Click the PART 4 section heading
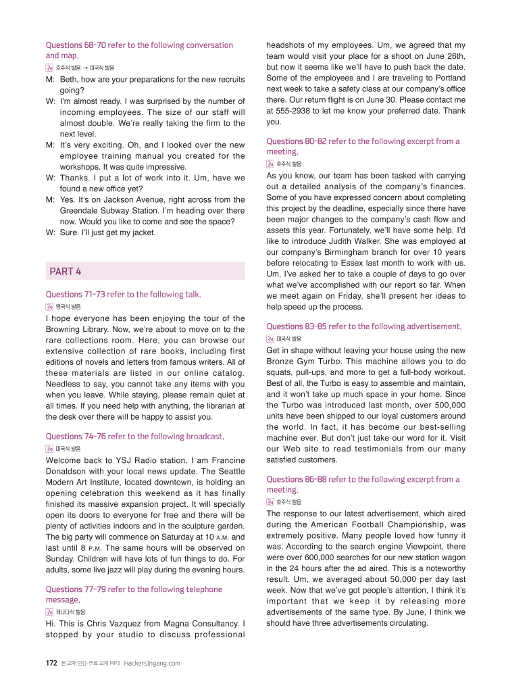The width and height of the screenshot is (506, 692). pos(66,271)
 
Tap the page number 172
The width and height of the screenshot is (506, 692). pos(51,663)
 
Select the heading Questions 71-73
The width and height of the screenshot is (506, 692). pos(76,294)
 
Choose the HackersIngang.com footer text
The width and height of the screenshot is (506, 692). pos(152,663)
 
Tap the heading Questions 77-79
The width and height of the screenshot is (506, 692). pos(76,589)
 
